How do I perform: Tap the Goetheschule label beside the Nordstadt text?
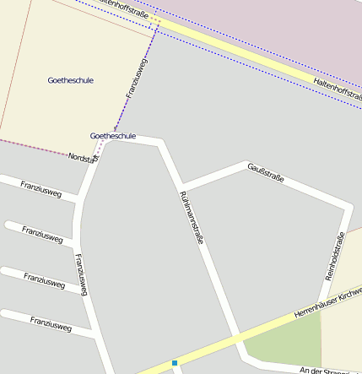113,135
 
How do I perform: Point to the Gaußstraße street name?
266,173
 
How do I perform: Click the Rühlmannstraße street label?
192,217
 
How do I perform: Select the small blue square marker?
175,363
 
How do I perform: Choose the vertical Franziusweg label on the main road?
81,274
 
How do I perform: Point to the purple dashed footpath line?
118,113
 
